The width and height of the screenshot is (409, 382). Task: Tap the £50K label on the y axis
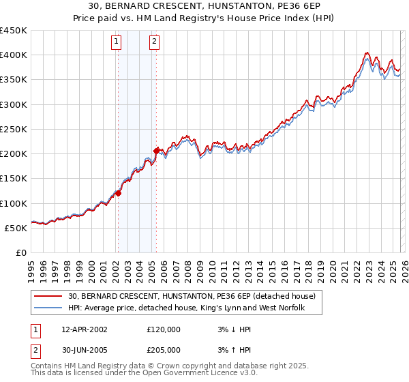(x=16, y=228)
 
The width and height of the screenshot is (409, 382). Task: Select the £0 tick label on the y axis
(x=22, y=252)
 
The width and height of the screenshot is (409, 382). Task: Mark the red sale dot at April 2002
(x=118, y=193)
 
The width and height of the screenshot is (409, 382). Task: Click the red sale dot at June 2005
(x=156, y=151)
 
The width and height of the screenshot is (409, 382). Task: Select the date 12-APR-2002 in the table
(x=85, y=329)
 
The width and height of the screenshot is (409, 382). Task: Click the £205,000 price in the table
(x=164, y=350)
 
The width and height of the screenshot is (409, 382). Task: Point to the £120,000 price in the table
(x=164, y=329)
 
